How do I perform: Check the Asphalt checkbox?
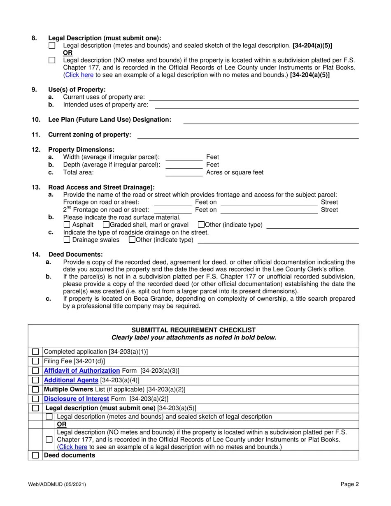tap(67, 225)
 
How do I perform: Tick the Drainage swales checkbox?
tap(67, 240)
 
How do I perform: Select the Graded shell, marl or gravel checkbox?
tap(106, 225)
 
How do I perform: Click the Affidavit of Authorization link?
tap(82, 371)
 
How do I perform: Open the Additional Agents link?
tap(71, 380)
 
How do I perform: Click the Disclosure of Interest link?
tap(77, 399)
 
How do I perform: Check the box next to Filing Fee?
tap(35, 361)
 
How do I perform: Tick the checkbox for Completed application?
tap(35, 352)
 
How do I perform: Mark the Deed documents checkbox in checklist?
tap(35, 455)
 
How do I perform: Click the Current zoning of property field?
tap(248, 135)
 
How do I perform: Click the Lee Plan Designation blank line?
tap(271, 120)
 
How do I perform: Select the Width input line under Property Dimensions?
tap(184, 157)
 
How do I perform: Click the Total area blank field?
tap(184, 172)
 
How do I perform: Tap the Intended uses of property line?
tap(256, 105)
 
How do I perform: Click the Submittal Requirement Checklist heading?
tap(193, 330)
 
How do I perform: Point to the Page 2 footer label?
tap(349, 484)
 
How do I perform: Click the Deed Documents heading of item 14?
tap(76, 255)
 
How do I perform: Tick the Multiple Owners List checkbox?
tap(35, 389)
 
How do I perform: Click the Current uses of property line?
tap(254, 97)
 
